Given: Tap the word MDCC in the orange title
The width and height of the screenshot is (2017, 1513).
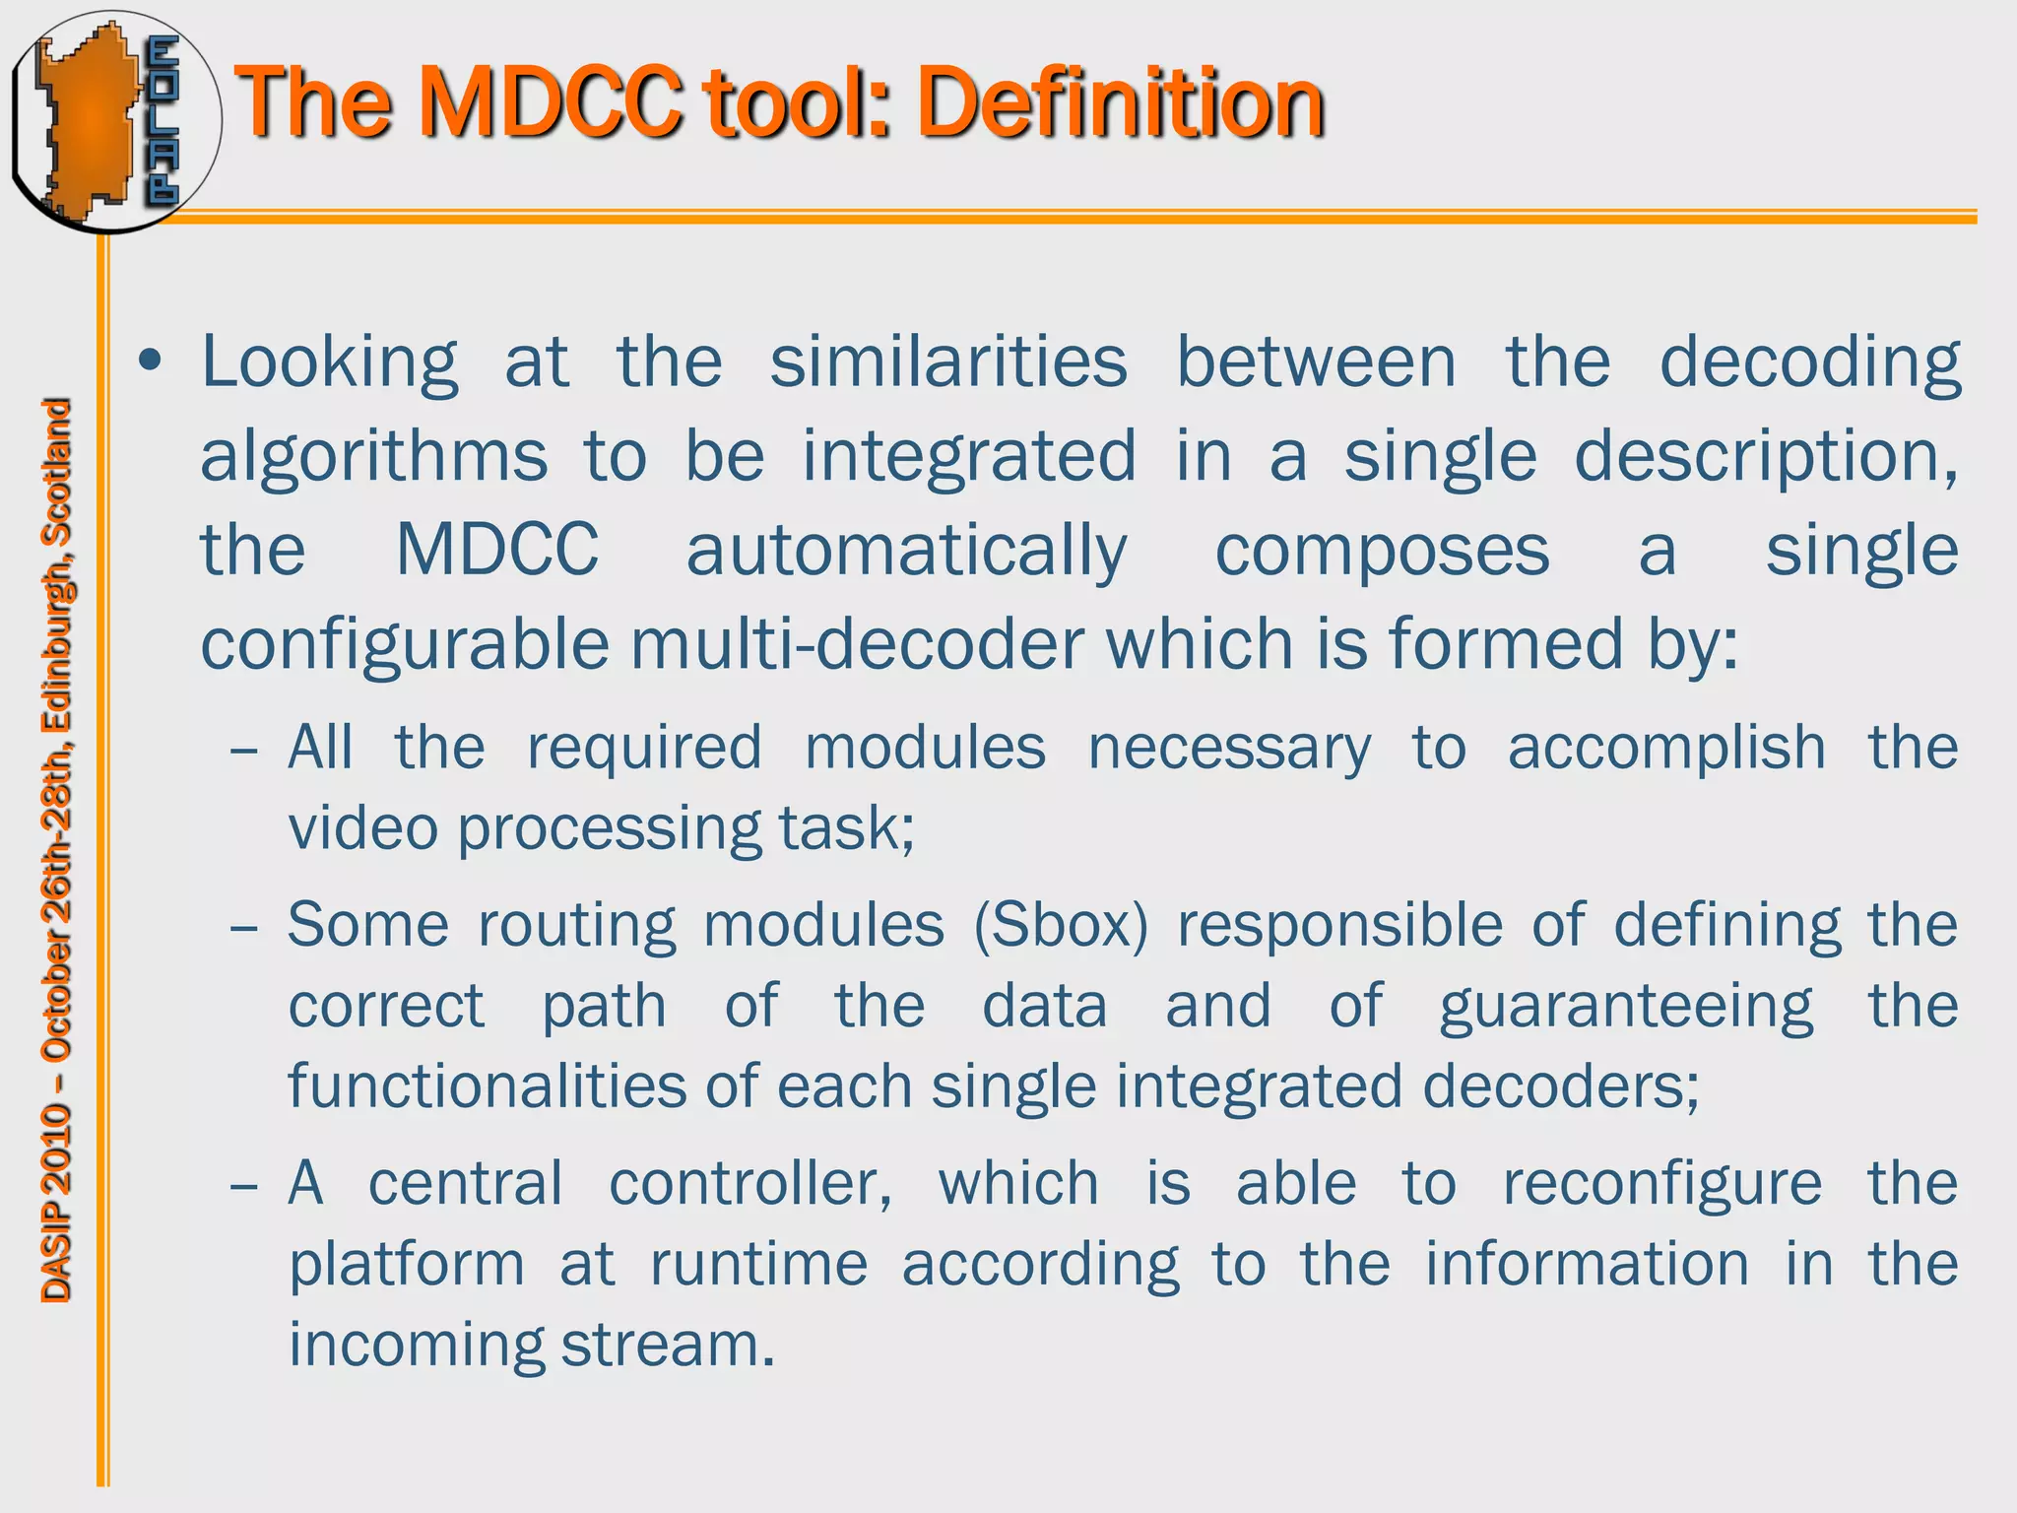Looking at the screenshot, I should point(552,102).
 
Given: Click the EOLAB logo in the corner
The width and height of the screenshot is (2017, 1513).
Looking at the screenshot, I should point(114,120).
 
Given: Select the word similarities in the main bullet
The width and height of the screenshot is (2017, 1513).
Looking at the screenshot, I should point(948,362).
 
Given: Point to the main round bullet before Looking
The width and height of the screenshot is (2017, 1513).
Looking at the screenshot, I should point(151,362).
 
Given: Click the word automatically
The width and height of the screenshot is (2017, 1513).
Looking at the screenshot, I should point(906,551).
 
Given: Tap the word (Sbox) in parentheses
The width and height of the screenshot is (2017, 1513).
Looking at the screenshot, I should point(1061,926).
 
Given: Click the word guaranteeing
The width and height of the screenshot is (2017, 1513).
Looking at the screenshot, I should point(1626,1008).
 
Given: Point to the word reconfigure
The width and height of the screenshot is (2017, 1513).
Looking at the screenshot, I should point(1661,1183).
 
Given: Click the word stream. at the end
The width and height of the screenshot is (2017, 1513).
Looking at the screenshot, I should point(668,1345).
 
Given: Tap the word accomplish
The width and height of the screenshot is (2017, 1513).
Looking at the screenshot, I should point(1666,748).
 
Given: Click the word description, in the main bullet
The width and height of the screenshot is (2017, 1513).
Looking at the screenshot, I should point(1766,456).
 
